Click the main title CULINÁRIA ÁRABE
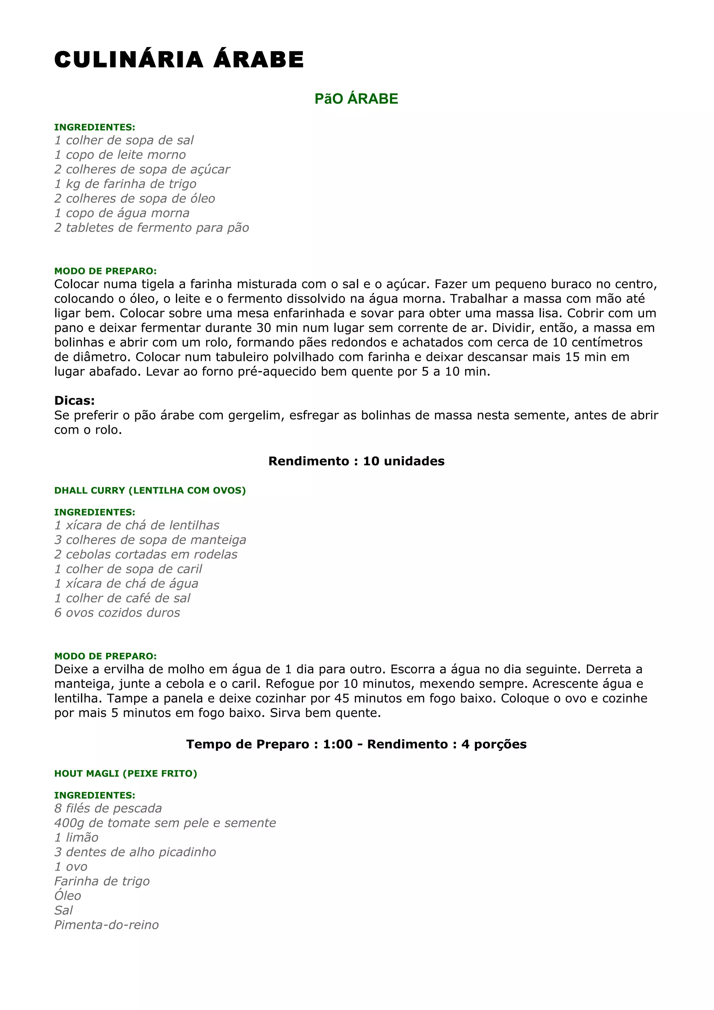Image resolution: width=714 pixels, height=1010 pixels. (179, 60)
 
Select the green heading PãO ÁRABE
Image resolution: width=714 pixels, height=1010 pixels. (356, 99)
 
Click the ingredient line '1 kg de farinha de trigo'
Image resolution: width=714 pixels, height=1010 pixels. (126, 184)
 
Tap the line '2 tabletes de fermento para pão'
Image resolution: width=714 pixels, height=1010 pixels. (151, 228)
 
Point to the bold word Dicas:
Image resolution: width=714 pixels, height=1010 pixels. (74, 400)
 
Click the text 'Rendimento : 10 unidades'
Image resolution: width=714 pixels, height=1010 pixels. (356, 461)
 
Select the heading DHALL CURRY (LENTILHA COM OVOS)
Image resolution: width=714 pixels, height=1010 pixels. (150, 490)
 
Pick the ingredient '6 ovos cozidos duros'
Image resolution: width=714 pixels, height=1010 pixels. (117, 613)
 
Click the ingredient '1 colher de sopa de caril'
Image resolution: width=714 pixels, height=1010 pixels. (128, 569)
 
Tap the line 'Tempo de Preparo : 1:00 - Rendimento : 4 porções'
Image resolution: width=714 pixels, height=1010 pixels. (356, 744)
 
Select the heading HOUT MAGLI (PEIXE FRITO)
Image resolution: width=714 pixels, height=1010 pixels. (126, 774)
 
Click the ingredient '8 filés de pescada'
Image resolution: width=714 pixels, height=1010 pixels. (108, 809)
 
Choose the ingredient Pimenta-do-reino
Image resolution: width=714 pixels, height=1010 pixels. (106, 925)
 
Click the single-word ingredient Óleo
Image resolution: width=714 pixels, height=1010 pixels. (68, 896)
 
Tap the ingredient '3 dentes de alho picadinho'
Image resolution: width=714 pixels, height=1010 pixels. (135, 852)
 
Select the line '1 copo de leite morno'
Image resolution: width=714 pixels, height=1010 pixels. (120, 155)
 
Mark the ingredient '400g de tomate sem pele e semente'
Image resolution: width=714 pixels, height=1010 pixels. (165, 823)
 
